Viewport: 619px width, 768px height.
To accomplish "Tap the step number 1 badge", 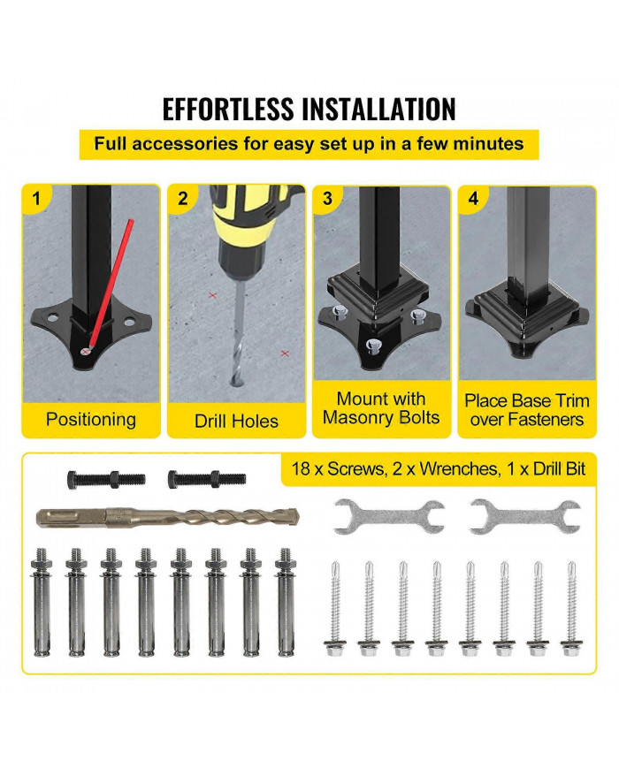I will pos(36,199).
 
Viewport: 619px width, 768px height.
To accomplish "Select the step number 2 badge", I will pos(182,199).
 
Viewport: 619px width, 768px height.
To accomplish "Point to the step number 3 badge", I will pos(327,199).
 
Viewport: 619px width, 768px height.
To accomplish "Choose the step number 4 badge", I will pos(473,199).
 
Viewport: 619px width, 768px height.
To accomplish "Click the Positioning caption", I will pos(91,419).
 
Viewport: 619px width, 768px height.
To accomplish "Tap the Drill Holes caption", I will pos(236,421).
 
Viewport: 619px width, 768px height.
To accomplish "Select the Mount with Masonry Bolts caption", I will pos(381,408).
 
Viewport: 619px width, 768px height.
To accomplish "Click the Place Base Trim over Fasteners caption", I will pos(527,410).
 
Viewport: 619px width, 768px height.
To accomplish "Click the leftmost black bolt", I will pos(104,480).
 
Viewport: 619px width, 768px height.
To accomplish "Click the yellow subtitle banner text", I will pos(309,143).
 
